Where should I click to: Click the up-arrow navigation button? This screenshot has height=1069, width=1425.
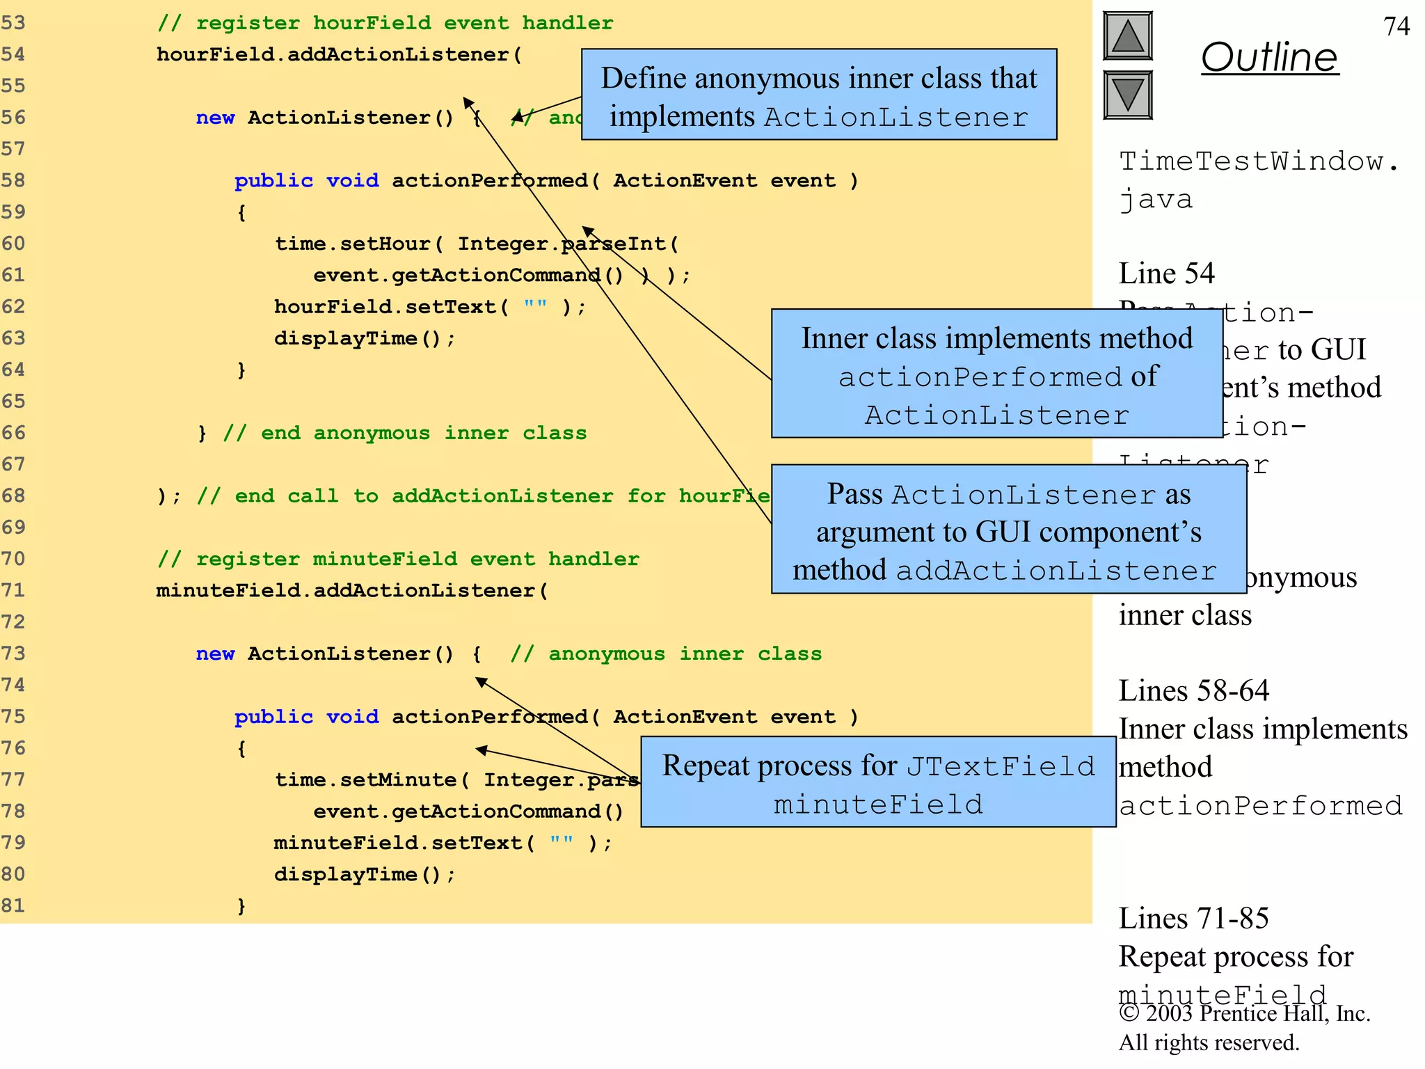pyautogui.click(x=1127, y=36)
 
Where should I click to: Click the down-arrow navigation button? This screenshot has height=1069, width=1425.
pyautogui.click(x=1127, y=95)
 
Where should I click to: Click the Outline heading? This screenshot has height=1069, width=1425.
pyautogui.click(x=1269, y=57)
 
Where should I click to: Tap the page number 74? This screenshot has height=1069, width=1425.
pyautogui.click(x=1396, y=26)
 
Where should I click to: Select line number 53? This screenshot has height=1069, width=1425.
pyautogui.click(x=13, y=23)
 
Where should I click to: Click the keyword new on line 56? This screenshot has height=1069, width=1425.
pyautogui.click(x=215, y=118)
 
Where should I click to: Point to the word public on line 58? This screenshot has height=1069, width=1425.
pyautogui.click(x=273, y=180)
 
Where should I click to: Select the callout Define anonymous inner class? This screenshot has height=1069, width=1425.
pyautogui.click(x=818, y=95)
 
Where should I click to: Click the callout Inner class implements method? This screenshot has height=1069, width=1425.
pyautogui.click(x=996, y=374)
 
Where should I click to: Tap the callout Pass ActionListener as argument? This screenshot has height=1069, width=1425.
pyautogui.click(x=1008, y=530)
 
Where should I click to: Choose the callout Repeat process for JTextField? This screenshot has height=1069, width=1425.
pyautogui.click(x=877, y=782)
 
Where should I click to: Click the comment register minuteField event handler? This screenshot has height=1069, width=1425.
pyautogui.click(x=398, y=559)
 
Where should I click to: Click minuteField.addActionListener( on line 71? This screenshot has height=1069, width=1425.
pyautogui.click(x=352, y=591)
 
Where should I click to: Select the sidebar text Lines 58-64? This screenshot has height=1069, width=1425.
pyautogui.click(x=1193, y=691)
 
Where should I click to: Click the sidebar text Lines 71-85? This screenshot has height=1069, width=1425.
pyautogui.click(x=1193, y=919)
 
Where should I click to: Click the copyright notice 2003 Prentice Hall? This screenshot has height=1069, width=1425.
pyautogui.click(x=1244, y=1014)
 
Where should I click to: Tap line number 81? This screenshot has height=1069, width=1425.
pyautogui.click(x=13, y=905)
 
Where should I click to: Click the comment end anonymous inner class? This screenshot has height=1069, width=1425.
pyautogui.click(x=404, y=433)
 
